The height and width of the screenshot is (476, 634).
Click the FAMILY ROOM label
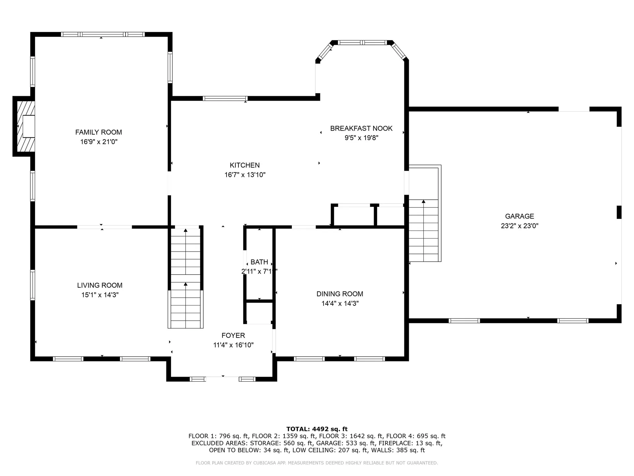tap(98, 132)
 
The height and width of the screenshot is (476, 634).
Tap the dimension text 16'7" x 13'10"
tap(245, 175)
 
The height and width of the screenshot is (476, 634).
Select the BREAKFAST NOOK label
tap(361, 128)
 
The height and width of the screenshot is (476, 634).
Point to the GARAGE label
tap(519, 216)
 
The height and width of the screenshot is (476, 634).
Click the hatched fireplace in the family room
tap(26, 126)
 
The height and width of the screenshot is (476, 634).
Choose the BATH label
tap(259, 262)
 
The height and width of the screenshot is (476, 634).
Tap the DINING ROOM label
tap(339, 294)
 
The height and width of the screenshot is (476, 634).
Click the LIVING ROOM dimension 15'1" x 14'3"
tap(100, 295)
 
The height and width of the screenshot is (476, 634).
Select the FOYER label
tap(233, 336)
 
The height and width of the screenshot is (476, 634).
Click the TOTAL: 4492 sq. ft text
tap(317, 429)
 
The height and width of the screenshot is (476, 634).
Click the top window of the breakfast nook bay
tap(362, 43)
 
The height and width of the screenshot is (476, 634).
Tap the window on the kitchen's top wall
tap(225, 99)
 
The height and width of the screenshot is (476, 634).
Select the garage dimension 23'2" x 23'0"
tap(519, 226)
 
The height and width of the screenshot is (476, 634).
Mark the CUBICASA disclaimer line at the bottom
tap(317, 463)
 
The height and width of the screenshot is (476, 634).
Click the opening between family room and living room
tap(104, 227)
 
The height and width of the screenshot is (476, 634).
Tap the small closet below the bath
tap(259, 312)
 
